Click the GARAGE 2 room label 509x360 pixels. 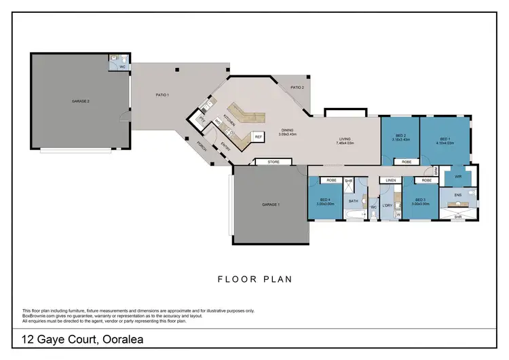[x=81, y=101]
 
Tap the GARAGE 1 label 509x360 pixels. [x=270, y=204]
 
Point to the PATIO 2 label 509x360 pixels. [x=297, y=87]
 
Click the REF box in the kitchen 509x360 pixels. [x=258, y=137]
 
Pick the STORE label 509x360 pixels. [x=274, y=162]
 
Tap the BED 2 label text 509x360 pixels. [x=400, y=136]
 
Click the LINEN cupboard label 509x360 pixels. [x=391, y=181]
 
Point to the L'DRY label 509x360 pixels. [x=388, y=204]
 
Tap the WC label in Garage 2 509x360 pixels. [x=122, y=67]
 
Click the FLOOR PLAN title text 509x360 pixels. [x=254, y=278]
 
